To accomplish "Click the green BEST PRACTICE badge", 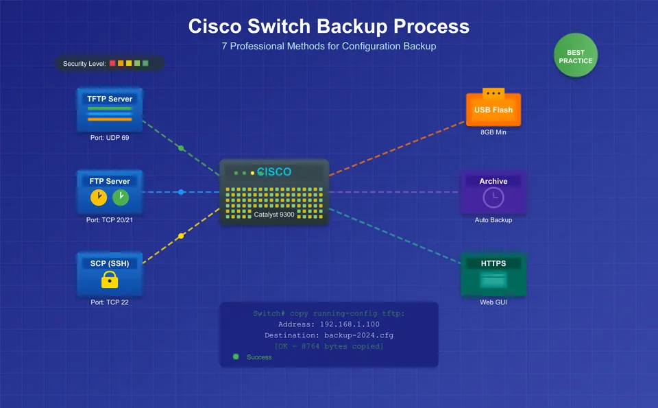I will (x=576, y=56).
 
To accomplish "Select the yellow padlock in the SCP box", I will (x=110, y=279).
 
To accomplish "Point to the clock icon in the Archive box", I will (x=493, y=198).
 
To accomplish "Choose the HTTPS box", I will (x=493, y=274).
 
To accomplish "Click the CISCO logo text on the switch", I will (x=274, y=171).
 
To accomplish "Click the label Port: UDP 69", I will (x=110, y=138).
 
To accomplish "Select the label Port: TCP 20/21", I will (x=110, y=219).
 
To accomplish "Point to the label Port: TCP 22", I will (x=110, y=302).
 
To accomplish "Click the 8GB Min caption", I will (x=493, y=132).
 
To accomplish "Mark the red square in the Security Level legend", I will (x=112, y=63).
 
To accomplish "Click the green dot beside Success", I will (x=236, y=357).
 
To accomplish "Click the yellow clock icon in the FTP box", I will (x=99, y=198).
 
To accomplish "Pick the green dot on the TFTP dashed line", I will (x=181, y=148).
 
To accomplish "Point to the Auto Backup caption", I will (x=493, y=220).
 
